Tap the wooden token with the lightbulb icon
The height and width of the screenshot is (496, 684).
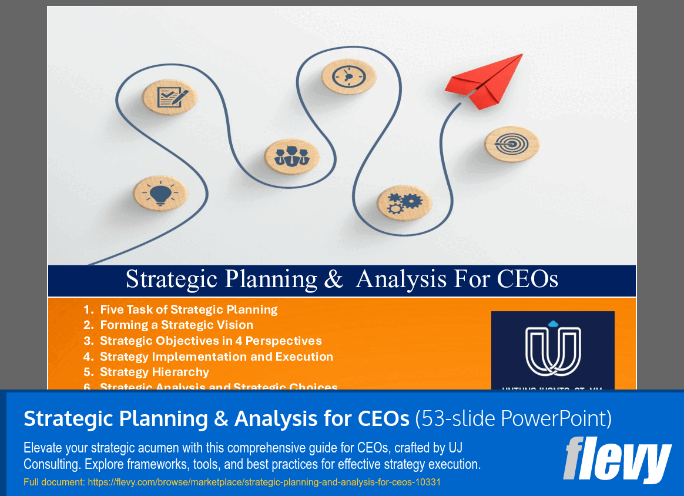tap(160, 192)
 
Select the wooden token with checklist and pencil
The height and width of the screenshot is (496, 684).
tap(169, 96)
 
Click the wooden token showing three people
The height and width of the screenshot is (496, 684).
tap(291, 157)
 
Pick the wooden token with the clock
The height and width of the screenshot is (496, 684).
tap(349, 76)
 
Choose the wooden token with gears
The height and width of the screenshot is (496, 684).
tap(404, 202)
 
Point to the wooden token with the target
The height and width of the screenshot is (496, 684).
tap(511, 144)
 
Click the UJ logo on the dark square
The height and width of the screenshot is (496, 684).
tap(552, 350)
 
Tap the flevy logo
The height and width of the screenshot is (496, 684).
tap(617, 459)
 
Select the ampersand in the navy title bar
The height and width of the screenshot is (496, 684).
tap(333, 279)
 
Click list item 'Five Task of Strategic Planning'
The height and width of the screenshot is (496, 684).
tap(189, 309)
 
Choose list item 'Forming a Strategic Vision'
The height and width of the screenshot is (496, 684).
tap(176, 325)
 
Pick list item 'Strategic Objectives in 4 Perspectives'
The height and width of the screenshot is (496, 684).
tap(210, 341)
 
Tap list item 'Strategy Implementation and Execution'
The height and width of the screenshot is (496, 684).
tap(216, 357)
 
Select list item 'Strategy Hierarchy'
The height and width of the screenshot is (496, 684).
tap(155, 372)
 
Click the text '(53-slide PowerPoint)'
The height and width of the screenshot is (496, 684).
tap(513, 419)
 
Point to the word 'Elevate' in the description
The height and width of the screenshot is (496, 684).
tap(42, 448)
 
